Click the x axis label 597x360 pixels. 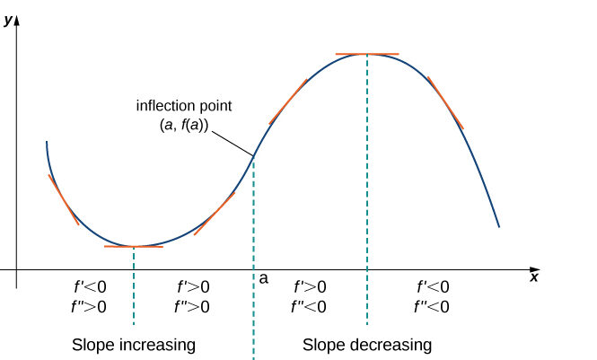(x=534, y=277)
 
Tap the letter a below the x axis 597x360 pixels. (x=263, y=279)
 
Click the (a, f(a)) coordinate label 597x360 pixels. (x=178, y=126)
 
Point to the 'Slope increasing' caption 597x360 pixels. (x=134, y=345)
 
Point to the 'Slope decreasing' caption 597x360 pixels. (x=367, y=345)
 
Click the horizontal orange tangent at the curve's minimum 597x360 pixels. (x=133, y=246)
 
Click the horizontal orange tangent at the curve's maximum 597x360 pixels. (x=366, y=55)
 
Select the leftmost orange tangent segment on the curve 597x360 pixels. (x=63, y=199)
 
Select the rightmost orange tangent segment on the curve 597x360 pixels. (x=445, y=102)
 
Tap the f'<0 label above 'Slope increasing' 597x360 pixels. (x=90, y=287)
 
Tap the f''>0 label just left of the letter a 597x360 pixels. (x=192, y=307)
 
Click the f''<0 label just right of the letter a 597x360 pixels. (x=308, y=307)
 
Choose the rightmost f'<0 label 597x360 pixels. (x=434, y=287)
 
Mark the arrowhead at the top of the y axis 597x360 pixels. (x=17, y=20)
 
